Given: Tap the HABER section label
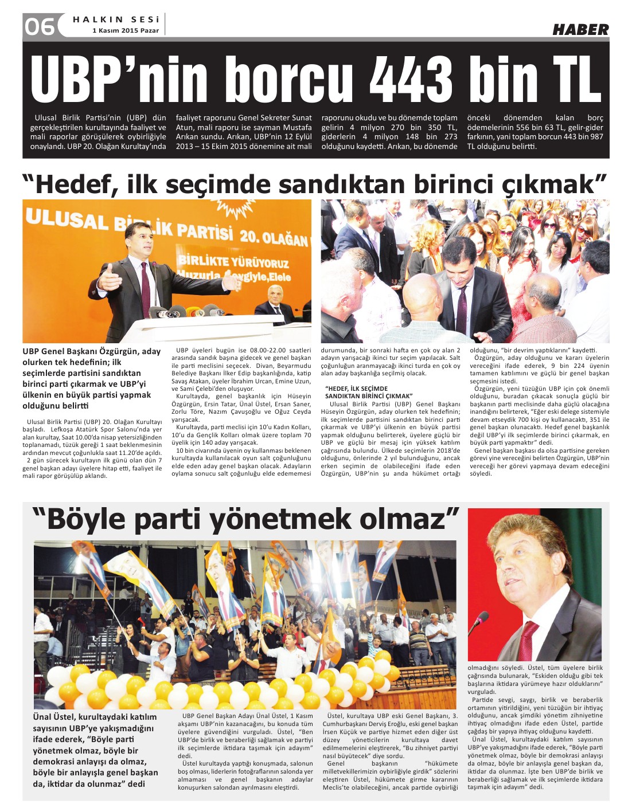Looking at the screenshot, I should point(580,29).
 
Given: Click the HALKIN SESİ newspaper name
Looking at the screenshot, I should point(115,19).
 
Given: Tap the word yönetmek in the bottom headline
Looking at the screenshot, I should point(281,519).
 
